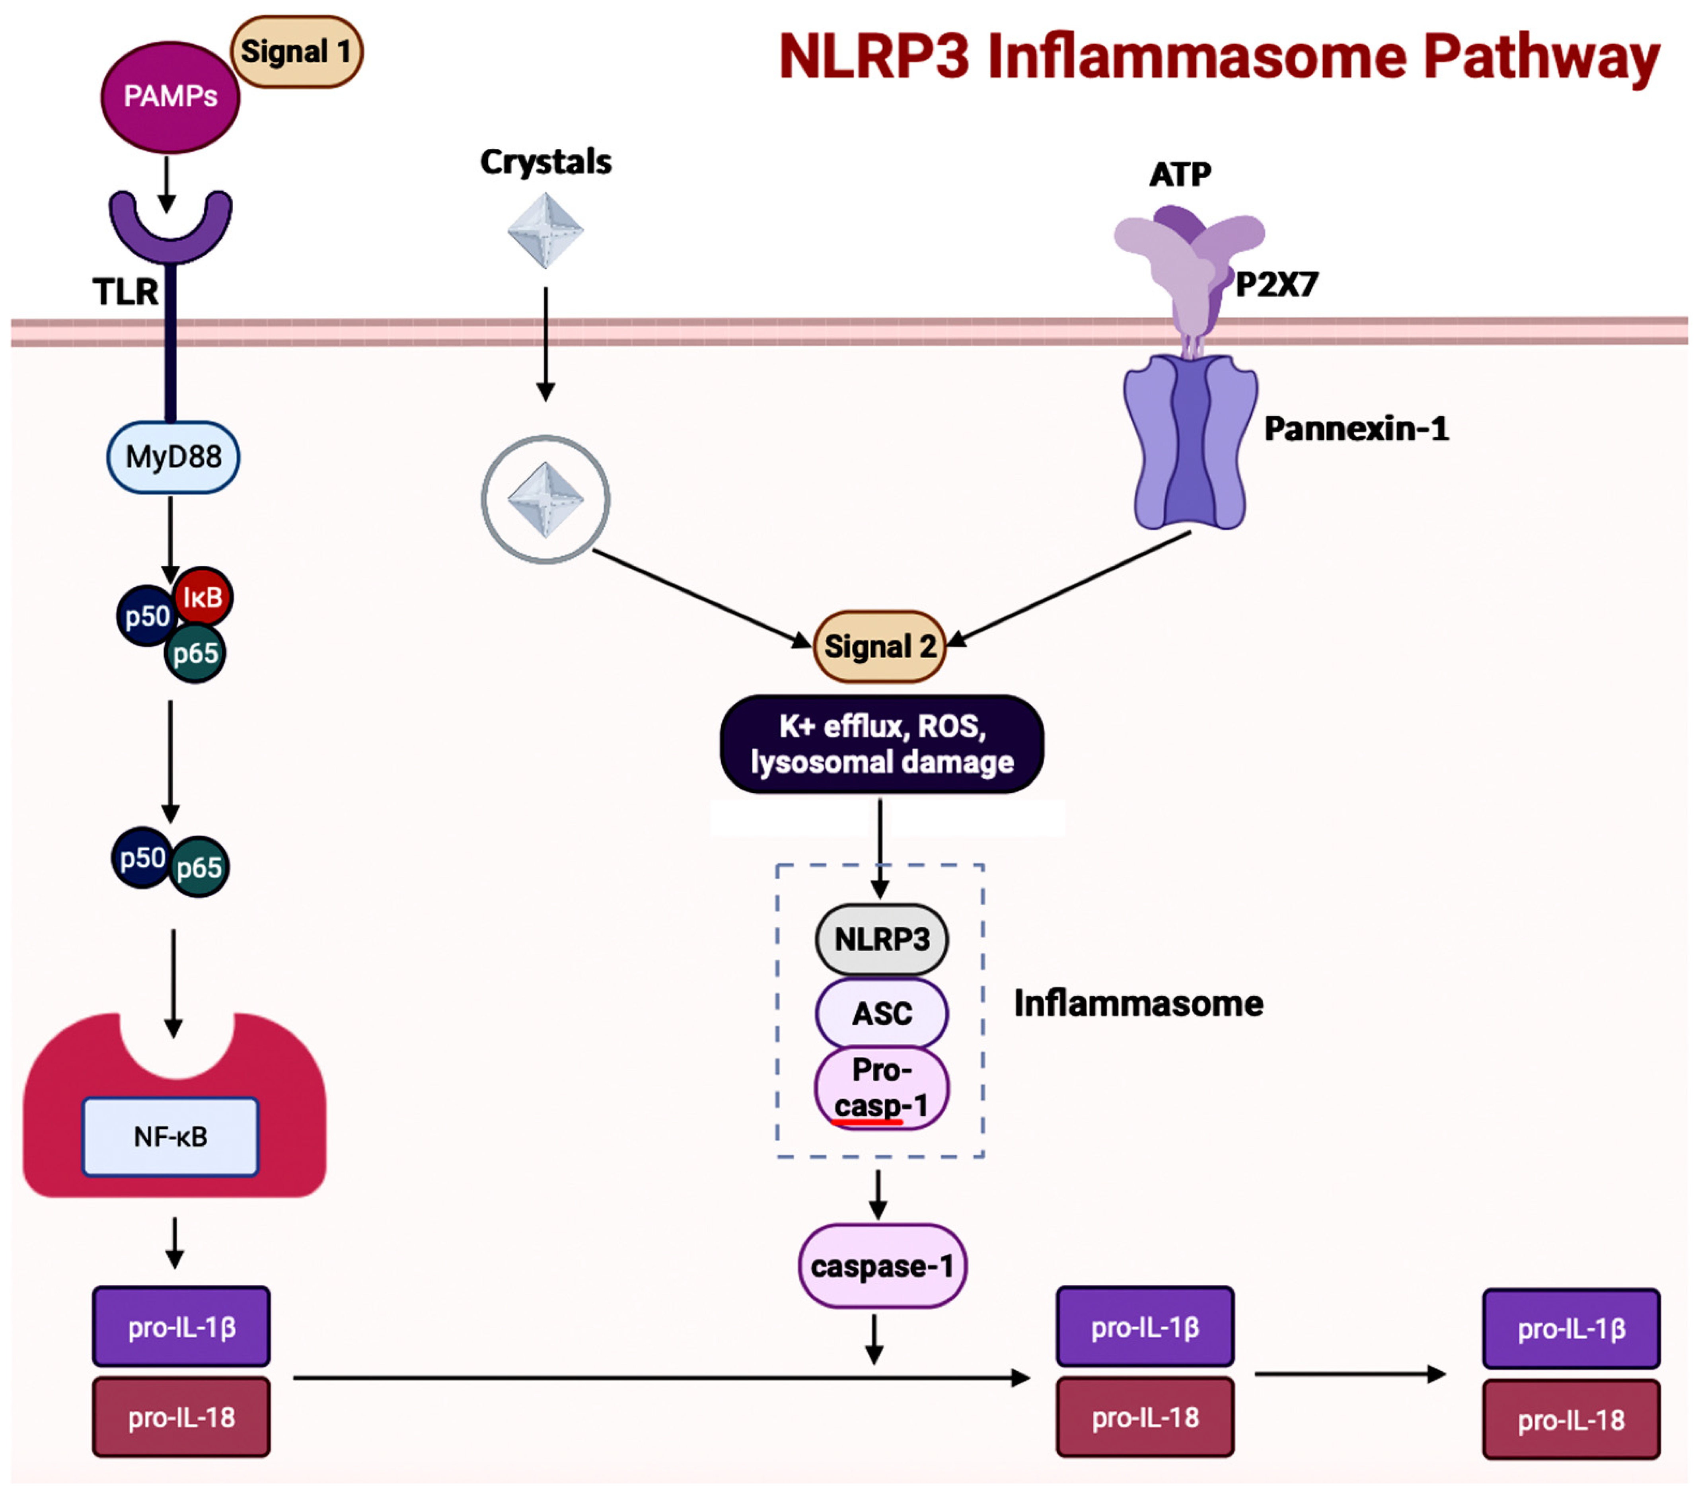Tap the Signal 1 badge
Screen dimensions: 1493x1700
pos(296,52)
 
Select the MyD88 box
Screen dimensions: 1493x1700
pos(173,457)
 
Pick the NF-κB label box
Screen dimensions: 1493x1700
pos(171,1136)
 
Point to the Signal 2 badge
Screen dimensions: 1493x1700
pos(880,646)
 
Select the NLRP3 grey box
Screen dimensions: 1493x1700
pos(882,939)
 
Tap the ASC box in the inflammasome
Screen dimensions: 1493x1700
pos(882,1013)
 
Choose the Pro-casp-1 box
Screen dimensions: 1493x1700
pos(882,1087)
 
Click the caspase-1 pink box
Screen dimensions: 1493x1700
pos(882,1266)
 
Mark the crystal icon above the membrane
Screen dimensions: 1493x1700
pos(545,230)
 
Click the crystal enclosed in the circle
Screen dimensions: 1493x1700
pos(545,499)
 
